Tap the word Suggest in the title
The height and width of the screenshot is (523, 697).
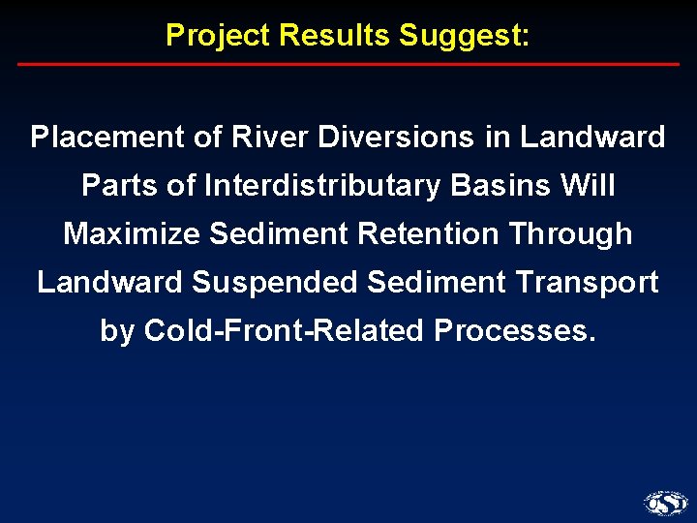tap(462, 36)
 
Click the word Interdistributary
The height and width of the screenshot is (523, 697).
tap(322, 186)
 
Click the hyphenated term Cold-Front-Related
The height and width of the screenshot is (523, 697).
tap(285, 331)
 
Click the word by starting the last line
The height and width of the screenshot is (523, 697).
tap(117, 332)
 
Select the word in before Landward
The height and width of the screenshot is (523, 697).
tap(498, 138)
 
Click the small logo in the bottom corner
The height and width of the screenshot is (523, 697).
tap(665, 503)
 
